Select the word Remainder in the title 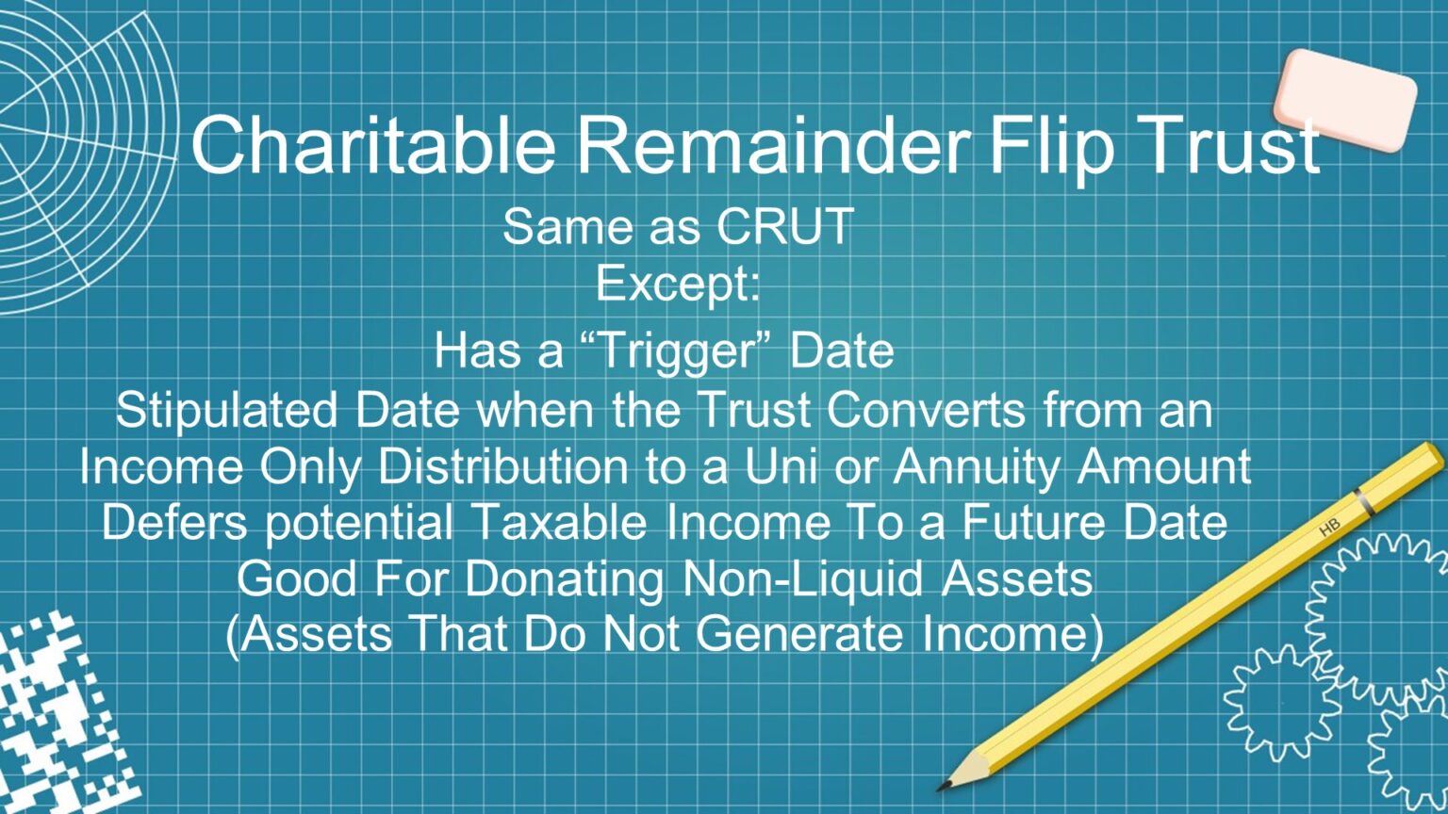coord(774,144)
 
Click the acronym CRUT coord(785,227)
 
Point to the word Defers coord(175,523)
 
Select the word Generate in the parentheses coord(803,634)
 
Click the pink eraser coord(1345,99)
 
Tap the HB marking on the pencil coord(1329,529)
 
